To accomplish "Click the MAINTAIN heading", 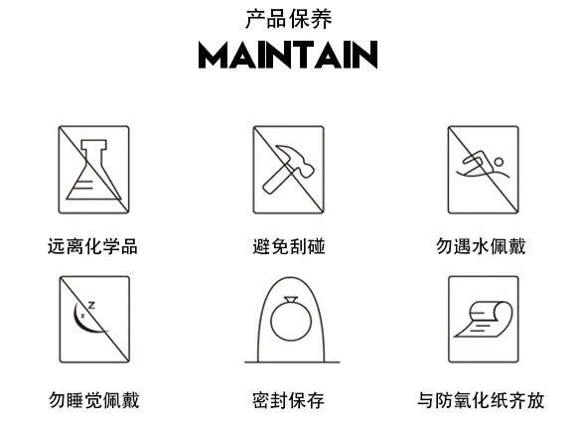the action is coord(288,55).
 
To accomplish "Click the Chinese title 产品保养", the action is coord(288,19).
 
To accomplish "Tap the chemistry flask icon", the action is coord(93,170).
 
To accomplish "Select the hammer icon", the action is coord(288,169).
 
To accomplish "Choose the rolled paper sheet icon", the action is coord(484,319).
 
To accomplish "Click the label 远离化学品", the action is coord(92,246).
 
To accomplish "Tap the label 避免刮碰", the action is coord(289,246).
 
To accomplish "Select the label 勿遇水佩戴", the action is coord(481,246).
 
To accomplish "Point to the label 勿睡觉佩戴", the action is coord(94,400).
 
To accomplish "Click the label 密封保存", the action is coord(288,400).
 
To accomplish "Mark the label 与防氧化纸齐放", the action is coord(481,400).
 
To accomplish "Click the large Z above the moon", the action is coord(91,305).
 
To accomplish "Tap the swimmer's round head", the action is coord(499,162).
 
